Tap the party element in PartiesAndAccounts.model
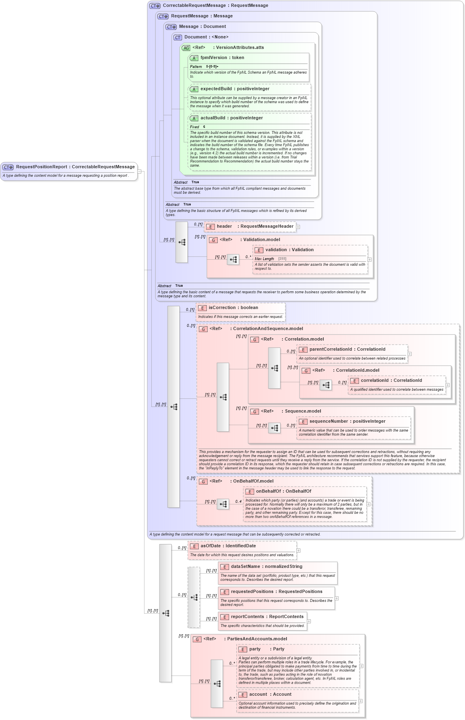tap(255, 649)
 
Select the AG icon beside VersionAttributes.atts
tap(186, 48)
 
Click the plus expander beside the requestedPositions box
tap(337, 598)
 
